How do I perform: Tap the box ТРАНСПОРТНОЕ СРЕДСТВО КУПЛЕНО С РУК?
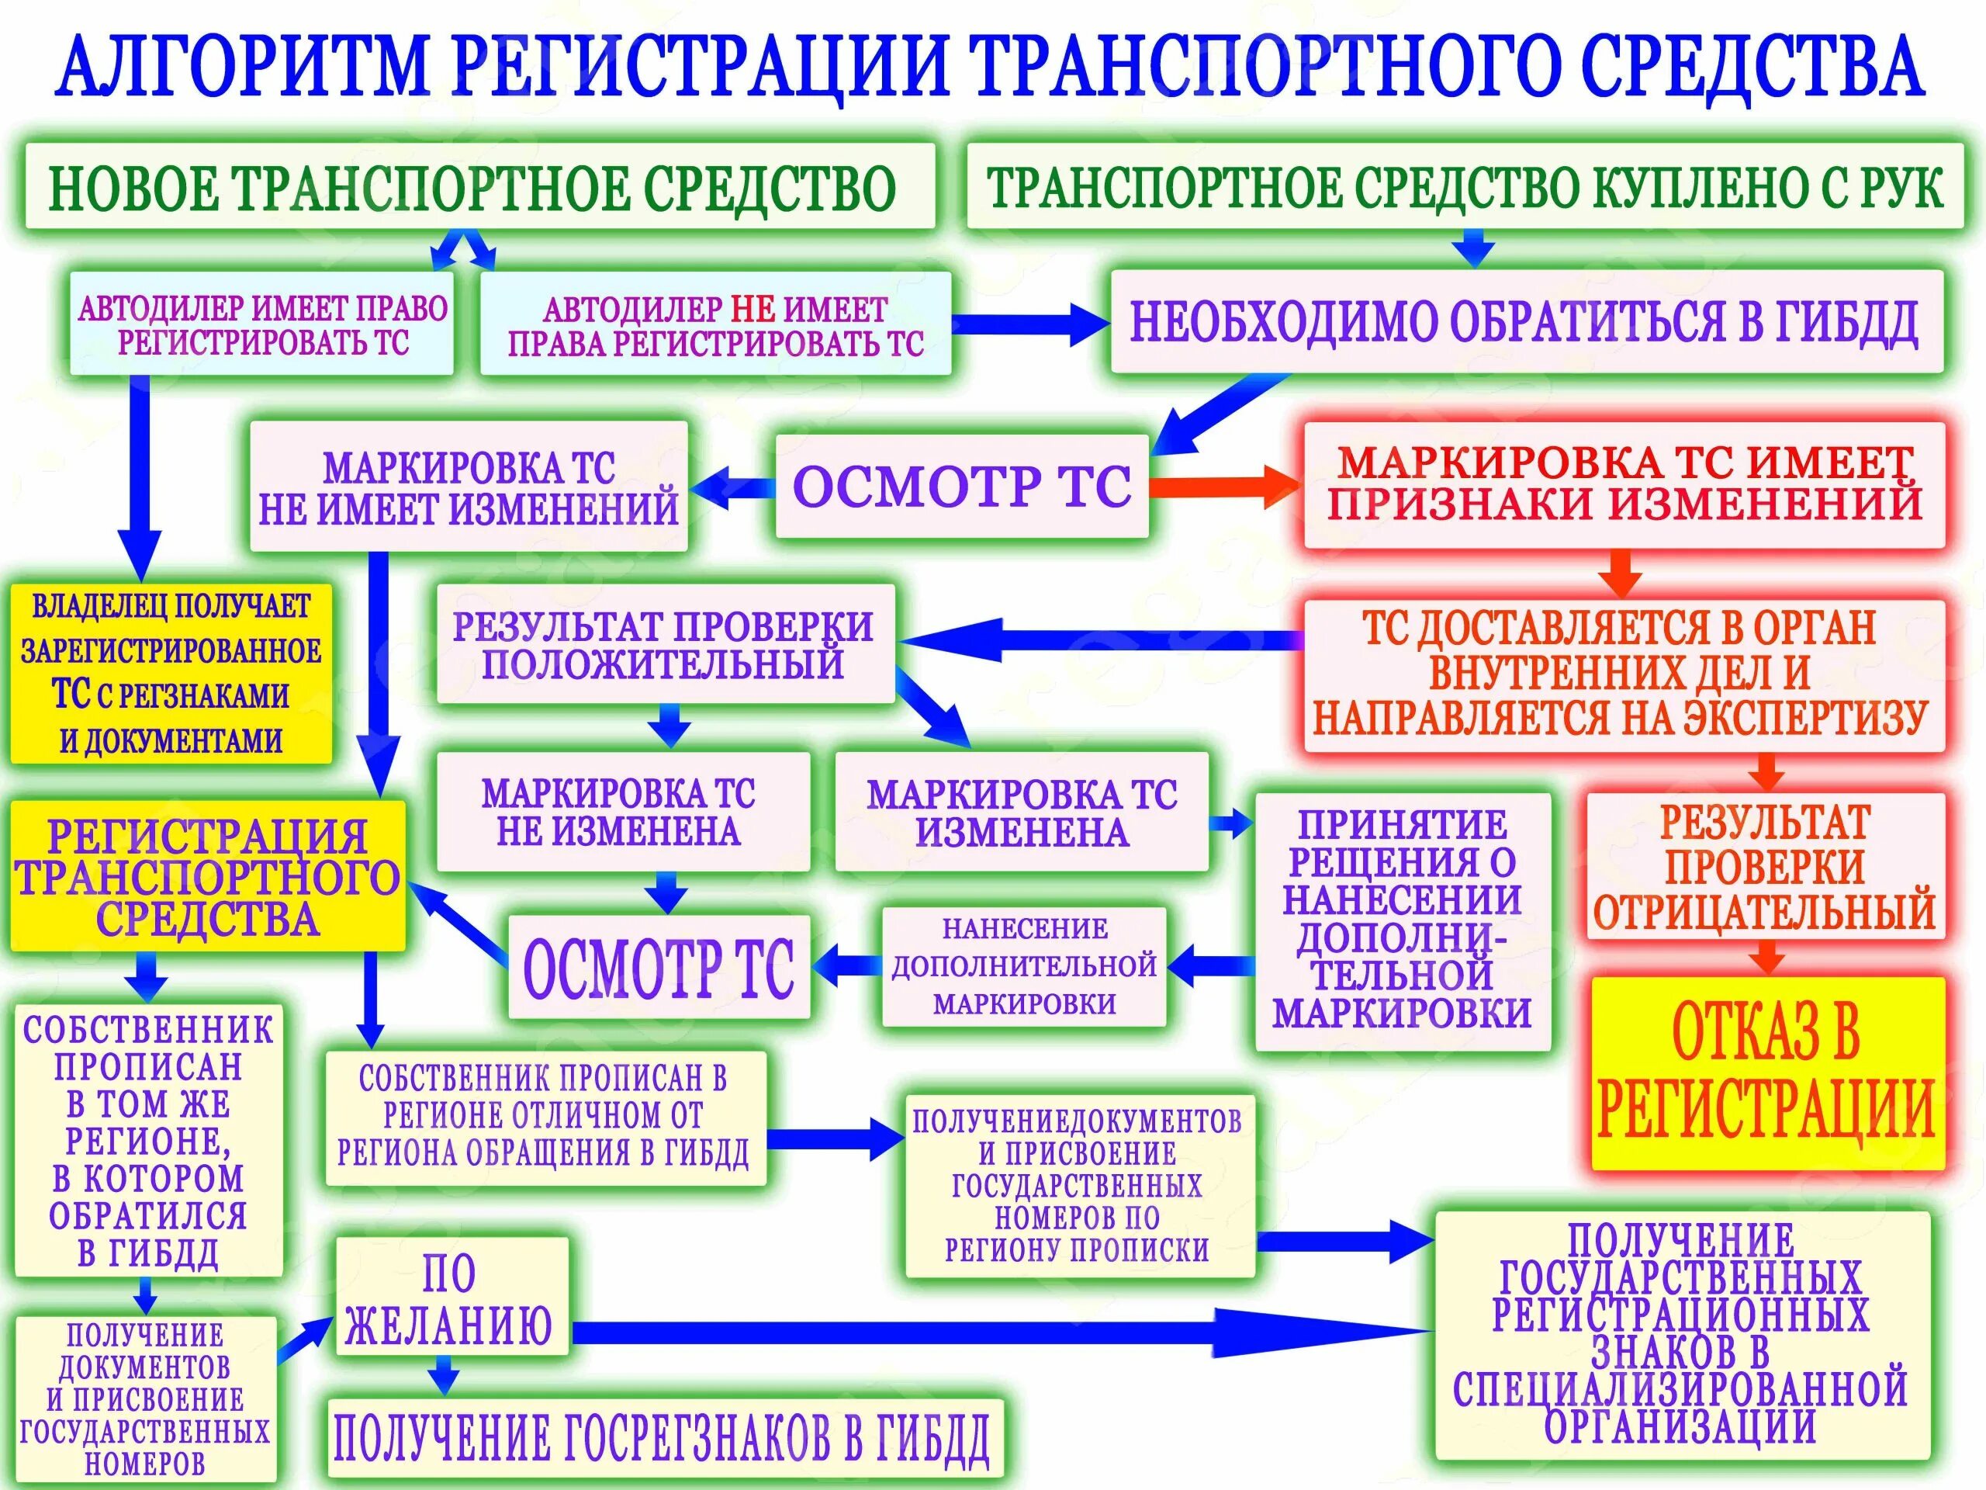(x=1463, y=187)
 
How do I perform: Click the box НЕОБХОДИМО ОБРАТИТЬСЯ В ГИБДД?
(x=1526, y=321)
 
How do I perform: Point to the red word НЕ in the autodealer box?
(x=752, y=310)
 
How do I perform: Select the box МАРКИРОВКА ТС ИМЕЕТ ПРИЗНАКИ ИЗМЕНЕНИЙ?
(x=1623, y=485)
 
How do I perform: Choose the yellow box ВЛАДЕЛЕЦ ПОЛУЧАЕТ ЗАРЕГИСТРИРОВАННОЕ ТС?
(x=171, y=674)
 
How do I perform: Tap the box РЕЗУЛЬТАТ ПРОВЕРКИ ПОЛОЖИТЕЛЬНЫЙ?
(x=664, y=644)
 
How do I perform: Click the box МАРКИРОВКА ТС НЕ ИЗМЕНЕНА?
(x=622, y=811)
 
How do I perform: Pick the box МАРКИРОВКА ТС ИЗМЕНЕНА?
(x=1021, y=812)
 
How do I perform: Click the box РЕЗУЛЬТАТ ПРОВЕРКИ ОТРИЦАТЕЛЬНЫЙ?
(x=1764, y=867)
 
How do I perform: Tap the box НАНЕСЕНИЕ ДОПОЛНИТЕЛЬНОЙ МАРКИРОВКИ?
(x=1023, y=965)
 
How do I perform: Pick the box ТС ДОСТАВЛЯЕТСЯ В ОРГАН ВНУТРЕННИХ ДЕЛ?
(x=1623, y=674)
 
